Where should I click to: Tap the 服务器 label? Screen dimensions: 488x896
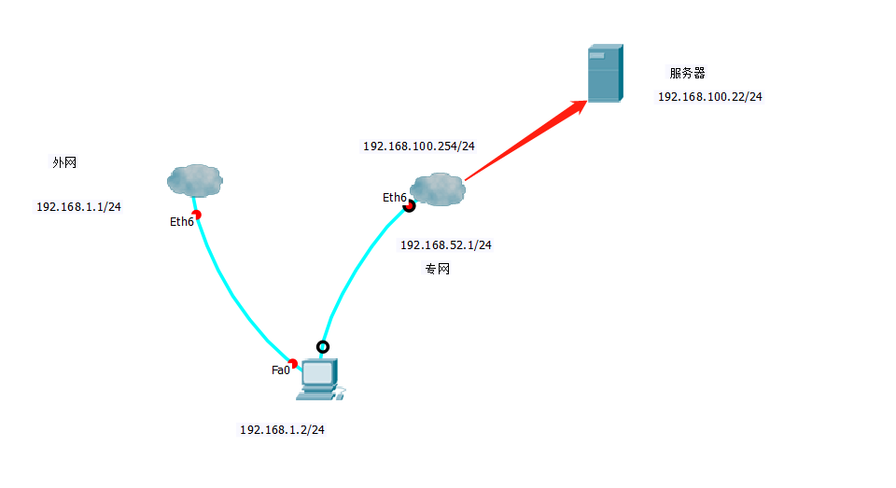pos(687,73)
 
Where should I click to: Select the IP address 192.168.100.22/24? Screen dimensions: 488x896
pos(709,96)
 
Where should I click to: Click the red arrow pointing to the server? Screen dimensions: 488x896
pos(527,141)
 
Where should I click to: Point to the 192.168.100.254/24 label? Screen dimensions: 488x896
pos(419,146)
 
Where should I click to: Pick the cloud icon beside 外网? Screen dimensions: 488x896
pos(195,179)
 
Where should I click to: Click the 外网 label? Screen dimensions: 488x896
pos(64,162)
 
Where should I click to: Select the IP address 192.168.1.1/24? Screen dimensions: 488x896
pos(78,206)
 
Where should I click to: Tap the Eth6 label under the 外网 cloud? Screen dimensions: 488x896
pos(181,222)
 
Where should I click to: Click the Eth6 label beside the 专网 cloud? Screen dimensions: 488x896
pos(394,198)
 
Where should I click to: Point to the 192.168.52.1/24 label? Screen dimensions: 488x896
pos(445,244)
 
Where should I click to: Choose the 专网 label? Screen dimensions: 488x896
pos(438,269)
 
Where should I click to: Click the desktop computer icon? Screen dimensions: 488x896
pos(318,379)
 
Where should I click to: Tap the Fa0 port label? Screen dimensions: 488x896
pos(280,370)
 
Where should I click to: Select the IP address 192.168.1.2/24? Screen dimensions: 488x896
pos(282,430)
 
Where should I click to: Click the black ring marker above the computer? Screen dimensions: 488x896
pos(323,347)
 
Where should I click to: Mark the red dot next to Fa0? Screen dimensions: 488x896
pos(292,364)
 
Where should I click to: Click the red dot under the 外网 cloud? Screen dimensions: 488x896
pos(196,214)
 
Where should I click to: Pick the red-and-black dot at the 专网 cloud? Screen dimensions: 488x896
pos(409,205)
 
